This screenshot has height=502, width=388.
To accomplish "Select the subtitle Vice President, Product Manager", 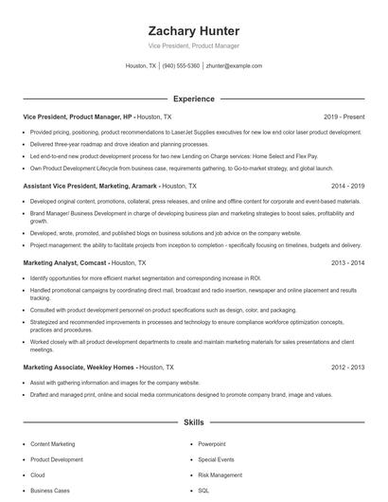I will [193, 45].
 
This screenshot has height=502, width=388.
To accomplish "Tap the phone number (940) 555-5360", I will [181, 66].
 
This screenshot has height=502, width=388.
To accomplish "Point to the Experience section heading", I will [193, 99].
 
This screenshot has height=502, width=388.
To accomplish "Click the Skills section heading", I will [193, 422].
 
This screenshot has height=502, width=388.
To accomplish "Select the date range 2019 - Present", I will [344, 117].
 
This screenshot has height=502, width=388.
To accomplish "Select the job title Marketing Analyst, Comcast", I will [66, 262].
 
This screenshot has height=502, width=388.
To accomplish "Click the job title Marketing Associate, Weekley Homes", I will [79, 367].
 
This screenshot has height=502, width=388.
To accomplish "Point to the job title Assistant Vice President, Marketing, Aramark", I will [90, 187].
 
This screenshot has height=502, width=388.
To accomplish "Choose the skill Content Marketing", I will [52, 443].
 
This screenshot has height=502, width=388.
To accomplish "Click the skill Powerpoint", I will [212, 443].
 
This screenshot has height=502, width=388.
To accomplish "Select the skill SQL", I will [203, 491].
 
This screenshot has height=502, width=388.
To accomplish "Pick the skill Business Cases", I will [49, 491].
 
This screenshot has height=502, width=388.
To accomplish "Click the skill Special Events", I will [215, 459].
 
